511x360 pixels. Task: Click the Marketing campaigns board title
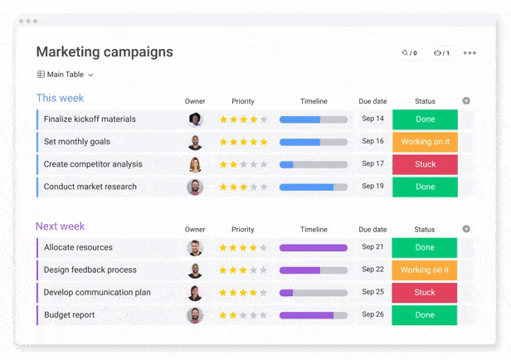point(105,52)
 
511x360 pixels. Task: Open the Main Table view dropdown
point(66,75)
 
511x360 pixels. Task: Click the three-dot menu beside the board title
point(470,53)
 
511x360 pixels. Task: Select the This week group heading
point(60,98)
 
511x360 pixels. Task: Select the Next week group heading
point(60,226)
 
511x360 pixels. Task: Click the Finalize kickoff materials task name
point(90,119)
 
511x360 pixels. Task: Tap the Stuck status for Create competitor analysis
point(425,164)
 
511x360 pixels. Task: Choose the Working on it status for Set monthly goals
point(425,142)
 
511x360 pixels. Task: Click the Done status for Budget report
point(425,315)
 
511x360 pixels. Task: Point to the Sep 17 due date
point(372,164)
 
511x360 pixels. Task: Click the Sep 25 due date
point(372,293)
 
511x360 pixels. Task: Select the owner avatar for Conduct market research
point(195,187)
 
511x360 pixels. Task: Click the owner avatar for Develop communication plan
point(195,293)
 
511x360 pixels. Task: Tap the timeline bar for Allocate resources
point(314,248)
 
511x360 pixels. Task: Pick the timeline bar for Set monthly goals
point(314,142)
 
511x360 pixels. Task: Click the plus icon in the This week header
point(466,101)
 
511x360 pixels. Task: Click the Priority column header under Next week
point(243,230)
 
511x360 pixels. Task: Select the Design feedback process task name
point(90,270)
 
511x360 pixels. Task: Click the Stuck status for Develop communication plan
point(425,293)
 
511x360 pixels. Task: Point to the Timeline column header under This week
point(314,102)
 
